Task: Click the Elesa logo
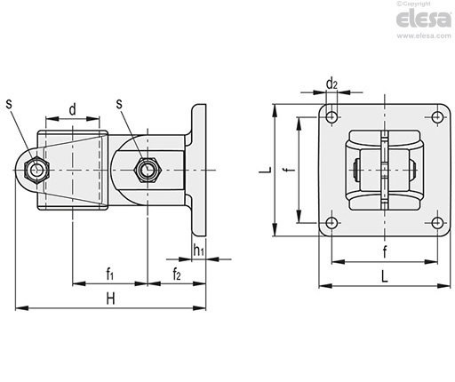point(424,19)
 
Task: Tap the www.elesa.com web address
point(424,36)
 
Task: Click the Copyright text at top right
point(413,4)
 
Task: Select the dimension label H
point(110,298)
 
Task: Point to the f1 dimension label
point(110,274)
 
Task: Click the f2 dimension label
point(177,274)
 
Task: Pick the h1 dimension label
point(198,250)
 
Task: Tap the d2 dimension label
point(331,84)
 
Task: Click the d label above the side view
point(72,109)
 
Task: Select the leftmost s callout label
point(10,104)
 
